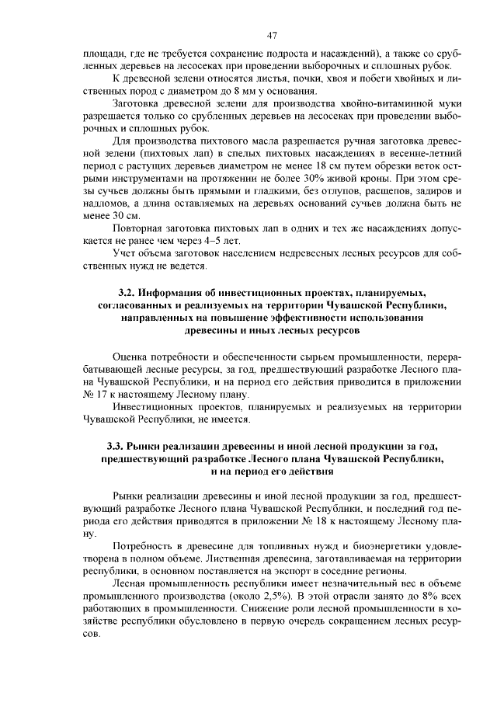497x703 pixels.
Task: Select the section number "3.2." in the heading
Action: (x=129, y=293)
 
